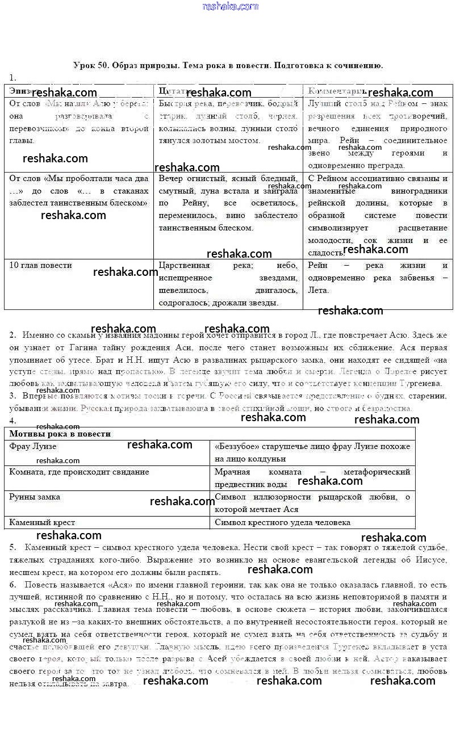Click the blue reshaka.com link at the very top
point(230,6)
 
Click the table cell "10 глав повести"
point(41,266)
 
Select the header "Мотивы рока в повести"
point(60,434)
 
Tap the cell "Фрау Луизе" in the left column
point(33,447)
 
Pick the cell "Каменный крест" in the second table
point(42,522)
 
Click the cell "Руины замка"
point(35,497)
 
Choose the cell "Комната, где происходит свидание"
point(79,472)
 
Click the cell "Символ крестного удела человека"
point(283,522)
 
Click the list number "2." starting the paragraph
point(12,335)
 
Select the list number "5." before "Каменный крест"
point(12,547)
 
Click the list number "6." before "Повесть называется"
point(12,585)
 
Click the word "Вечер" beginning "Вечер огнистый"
point(170,178)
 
